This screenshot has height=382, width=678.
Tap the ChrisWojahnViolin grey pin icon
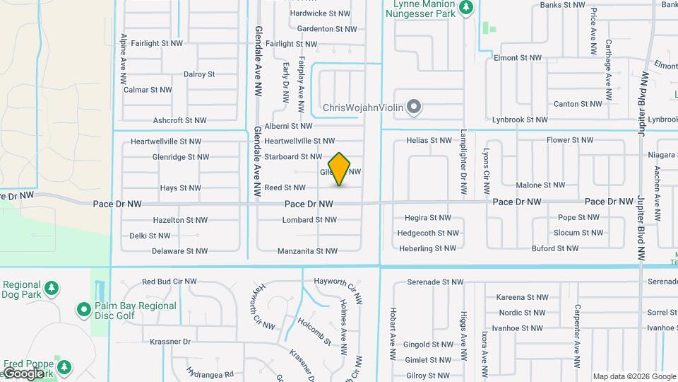[x=415, y=108]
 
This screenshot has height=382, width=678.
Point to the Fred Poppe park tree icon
[x=64, y=367]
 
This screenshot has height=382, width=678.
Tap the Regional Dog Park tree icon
[x=51, y=288]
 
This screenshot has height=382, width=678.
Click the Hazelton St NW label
[x=180, y=220]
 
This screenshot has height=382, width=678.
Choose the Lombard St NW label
[x=309, y=220]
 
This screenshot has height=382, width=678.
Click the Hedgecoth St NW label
[x=428, y=233]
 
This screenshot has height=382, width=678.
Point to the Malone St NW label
[x=540, y=185]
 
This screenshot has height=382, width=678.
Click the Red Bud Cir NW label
[x=169, y=282]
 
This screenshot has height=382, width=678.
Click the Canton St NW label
[x=578, y=104]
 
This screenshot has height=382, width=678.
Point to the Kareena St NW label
[x=525, y=297]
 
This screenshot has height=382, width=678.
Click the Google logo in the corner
[x=24, y=374]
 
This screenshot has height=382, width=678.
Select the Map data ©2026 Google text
[x=633, y=376]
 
